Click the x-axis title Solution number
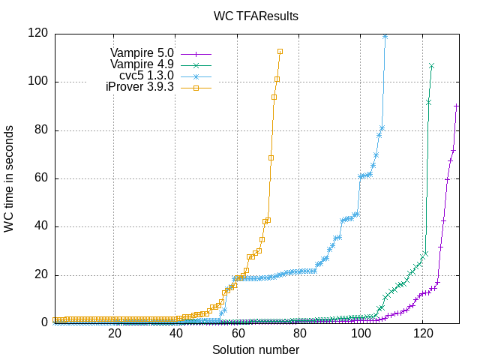click(256, 350)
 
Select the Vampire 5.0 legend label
click(142, 53)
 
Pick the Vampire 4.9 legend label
click(142, 64)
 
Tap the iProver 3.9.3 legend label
click(139, 87)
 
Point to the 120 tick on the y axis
click(37, 33)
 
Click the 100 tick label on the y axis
click(37, 81)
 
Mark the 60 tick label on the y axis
click(40, 178)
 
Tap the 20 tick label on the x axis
click(115, 334)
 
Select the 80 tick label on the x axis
click(300, 334)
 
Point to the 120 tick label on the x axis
click(423, 334)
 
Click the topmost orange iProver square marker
click(280, 52)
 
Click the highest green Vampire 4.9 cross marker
click(431, 66)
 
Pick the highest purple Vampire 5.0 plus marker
click(456, 106)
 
